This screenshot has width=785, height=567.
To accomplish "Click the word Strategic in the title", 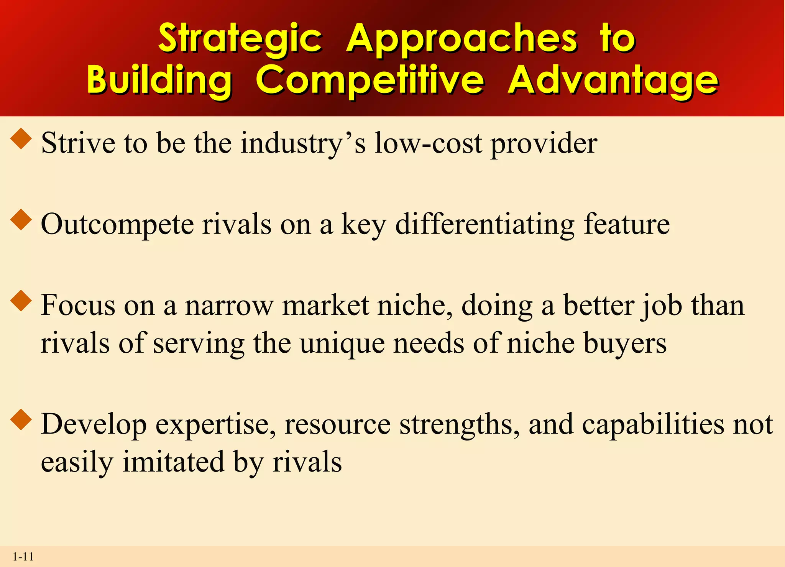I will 240,38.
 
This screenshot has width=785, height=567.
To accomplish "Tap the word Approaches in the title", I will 461,38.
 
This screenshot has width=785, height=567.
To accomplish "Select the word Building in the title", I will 159,79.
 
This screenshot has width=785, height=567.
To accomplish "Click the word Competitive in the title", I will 370,79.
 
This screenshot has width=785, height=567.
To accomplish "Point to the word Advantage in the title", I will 613,79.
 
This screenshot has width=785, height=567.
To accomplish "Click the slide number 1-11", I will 23,557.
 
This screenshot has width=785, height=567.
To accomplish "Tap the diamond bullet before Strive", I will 21,139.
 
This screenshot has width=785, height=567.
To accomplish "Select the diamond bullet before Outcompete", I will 21,220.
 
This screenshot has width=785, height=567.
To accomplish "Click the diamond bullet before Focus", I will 21,301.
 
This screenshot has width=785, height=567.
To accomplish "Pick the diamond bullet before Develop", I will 21,420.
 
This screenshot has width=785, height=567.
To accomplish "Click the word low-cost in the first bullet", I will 428,143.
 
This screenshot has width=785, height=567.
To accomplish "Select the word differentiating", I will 484,225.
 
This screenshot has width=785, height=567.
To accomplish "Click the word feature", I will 627,224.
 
